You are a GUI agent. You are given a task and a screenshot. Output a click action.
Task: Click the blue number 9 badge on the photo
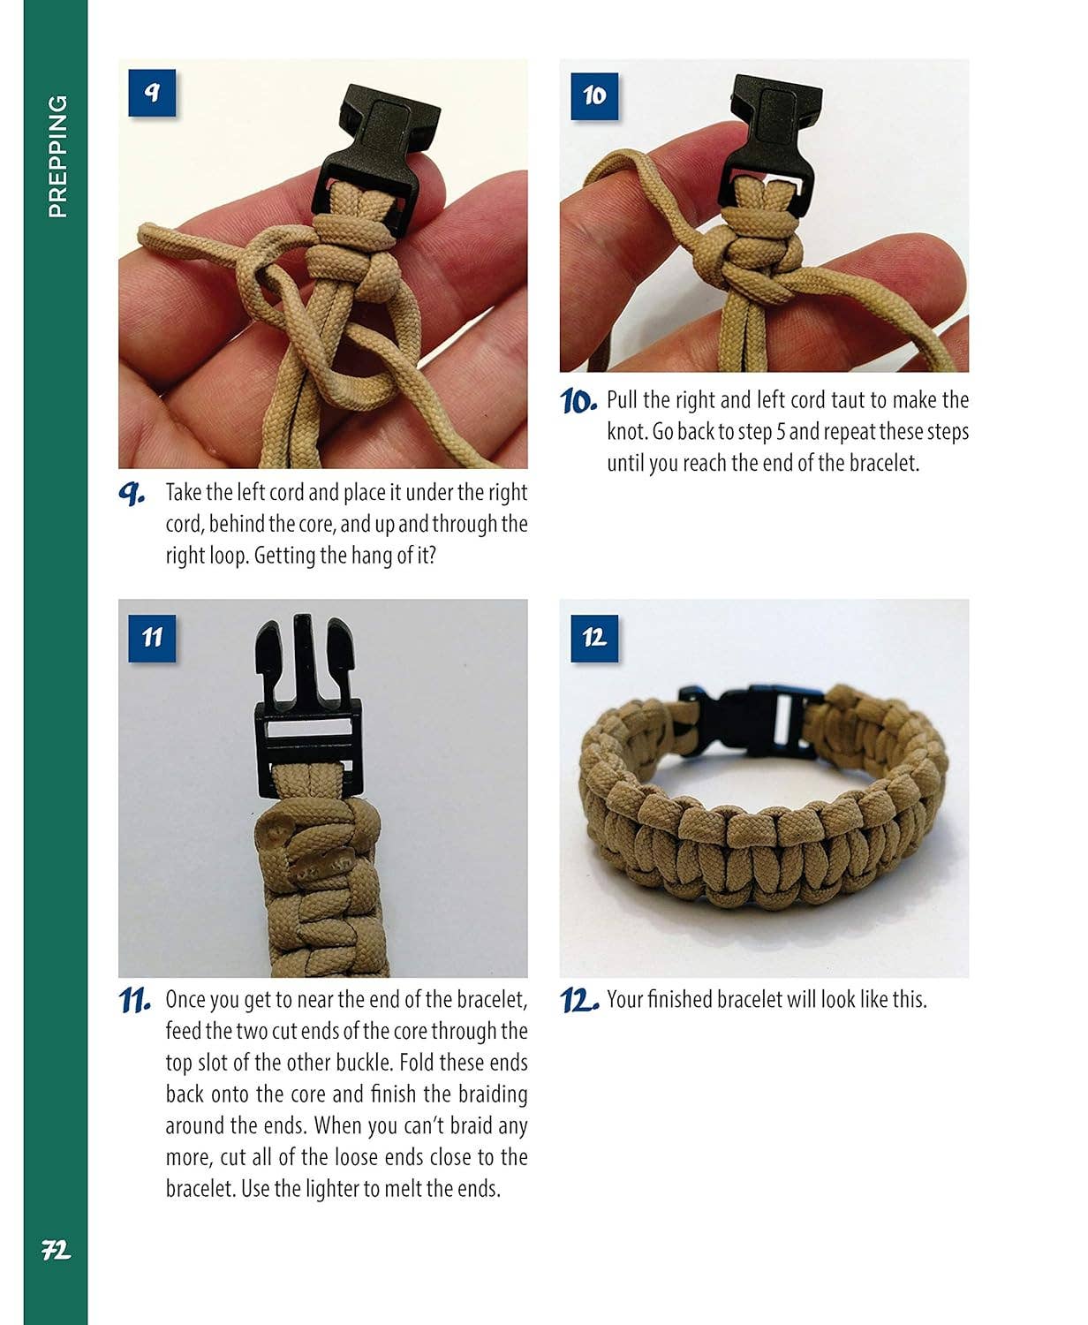click(x=151, y=93)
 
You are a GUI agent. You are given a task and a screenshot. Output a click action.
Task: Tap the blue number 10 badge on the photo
click(x=593, y=95)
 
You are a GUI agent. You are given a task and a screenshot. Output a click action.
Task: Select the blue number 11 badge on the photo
click(x=151, y=636)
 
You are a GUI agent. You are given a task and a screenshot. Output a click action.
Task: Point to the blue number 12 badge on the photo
click(x=593, y=636)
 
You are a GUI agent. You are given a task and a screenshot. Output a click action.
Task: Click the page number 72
click(x=56, y=1251)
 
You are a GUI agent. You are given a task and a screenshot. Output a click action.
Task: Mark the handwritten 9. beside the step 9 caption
click(x=132, y=494)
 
